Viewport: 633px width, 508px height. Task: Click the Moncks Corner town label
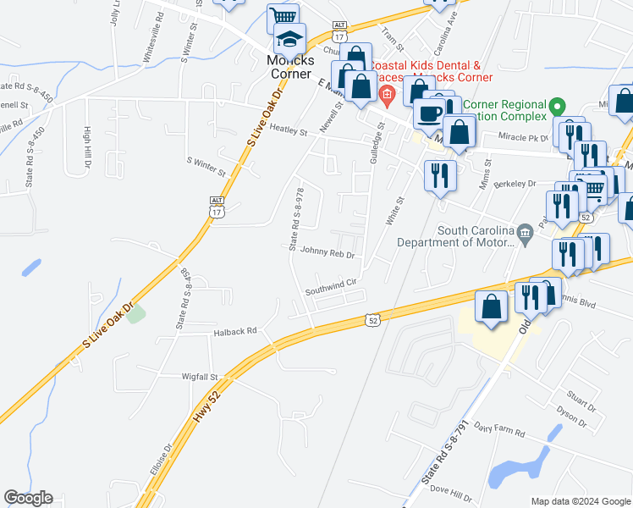pos(291,67)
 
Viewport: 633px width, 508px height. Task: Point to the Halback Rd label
pos(234,333)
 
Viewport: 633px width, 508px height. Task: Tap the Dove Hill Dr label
pos(451,491)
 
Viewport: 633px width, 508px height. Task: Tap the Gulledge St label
pos(377,144)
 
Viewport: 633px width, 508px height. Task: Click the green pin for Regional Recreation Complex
pos(557,108)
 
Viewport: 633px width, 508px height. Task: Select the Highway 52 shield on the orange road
pos(372,320)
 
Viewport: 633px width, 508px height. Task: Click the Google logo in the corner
pos(28,498)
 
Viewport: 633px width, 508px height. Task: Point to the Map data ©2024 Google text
pos(581,501)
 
